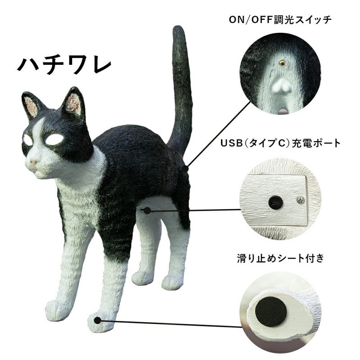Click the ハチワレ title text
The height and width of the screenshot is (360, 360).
tap(64, 65)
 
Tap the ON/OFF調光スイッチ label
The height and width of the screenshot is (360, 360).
tap(280, 19)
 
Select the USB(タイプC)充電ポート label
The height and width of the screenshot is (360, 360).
tap(280, 143)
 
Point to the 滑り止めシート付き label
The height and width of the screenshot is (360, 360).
tap(280, 258)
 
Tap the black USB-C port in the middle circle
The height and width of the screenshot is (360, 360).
tap(274, 202)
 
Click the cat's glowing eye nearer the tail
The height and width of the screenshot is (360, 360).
tap(54, 139)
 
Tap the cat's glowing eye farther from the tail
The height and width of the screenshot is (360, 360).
tap(28, 140)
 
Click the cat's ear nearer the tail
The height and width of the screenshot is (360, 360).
tap(73, 103)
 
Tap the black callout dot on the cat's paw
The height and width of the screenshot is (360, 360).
tap(98, 320)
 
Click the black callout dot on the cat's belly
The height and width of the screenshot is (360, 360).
tap(147, 210)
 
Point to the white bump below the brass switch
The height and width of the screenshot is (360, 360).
tap(281, 85)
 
